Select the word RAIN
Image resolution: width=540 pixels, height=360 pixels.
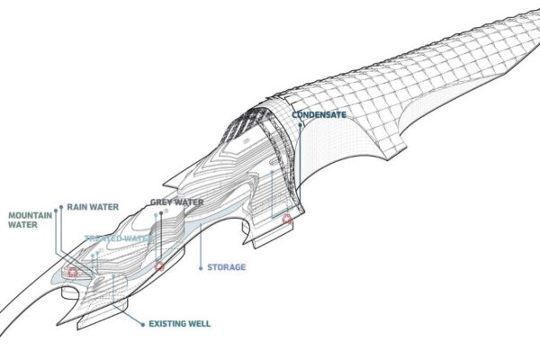point(77,207)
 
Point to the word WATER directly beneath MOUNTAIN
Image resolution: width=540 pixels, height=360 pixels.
point(22,227)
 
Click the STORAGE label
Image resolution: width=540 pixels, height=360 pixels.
point(226,266)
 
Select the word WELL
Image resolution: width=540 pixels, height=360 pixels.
point(204,320)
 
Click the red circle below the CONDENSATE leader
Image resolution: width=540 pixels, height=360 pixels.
point(287,219)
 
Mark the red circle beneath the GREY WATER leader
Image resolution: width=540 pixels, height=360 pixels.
point(159,266)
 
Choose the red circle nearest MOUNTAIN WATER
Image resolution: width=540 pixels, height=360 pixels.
point(72,270)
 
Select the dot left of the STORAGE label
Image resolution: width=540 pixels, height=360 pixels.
point(200,266)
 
